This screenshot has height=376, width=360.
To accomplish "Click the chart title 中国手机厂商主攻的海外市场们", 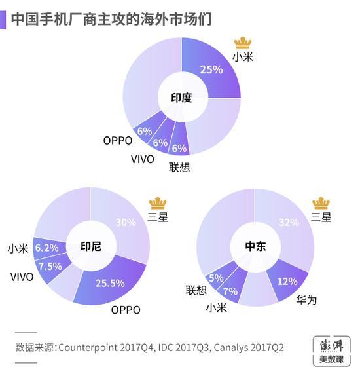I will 111,18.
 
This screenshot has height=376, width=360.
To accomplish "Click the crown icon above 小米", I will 243,43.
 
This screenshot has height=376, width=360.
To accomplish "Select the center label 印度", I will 181,98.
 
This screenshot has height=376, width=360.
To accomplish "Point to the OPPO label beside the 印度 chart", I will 118,140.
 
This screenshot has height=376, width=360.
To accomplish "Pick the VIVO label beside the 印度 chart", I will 142,159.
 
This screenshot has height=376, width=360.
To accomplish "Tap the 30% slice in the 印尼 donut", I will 124,221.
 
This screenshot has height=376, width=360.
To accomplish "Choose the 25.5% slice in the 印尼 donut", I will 111,283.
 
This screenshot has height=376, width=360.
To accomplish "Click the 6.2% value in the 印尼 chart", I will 47,248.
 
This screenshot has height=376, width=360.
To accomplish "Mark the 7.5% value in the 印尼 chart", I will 50,266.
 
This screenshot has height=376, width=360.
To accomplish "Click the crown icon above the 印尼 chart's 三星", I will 158,202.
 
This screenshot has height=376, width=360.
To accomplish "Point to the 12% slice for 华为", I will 287,280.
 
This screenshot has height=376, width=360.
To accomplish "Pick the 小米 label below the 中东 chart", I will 217,307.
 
